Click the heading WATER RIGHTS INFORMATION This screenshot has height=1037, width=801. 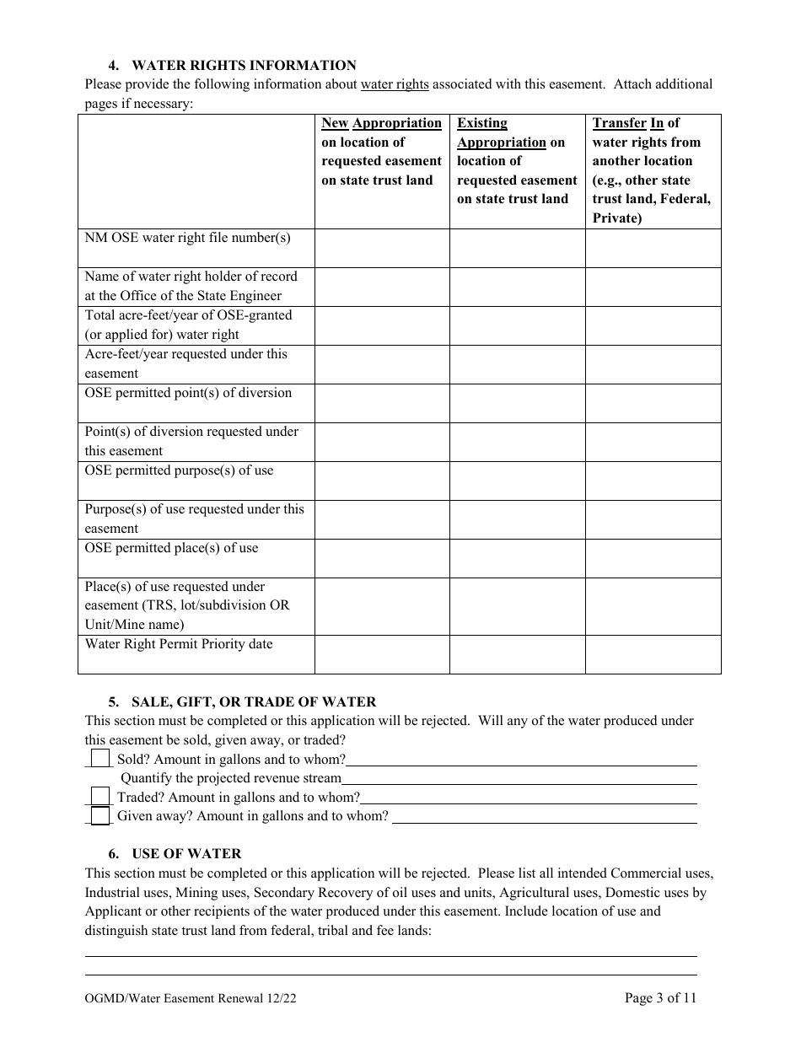pyautogui.click(x=245, y=65)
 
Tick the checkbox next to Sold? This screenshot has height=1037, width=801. pyautogui.click(x=100, y=759)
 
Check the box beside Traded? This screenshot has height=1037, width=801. pyautogui.click(x=100, y=797)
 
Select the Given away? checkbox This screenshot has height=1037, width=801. pyautogui.click(x=100, y=815)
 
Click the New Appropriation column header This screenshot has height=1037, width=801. pyautogui.click(x=381, y=152)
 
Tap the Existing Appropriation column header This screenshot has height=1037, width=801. pyautogui.click(x=517, y=161)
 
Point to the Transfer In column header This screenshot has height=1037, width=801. pyautogui.click(x=653, y=170)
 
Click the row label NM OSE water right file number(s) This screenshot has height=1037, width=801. pyautogui.click(x=187, y=238)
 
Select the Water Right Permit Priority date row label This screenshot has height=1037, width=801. pyautogui.click(x=179, y=644)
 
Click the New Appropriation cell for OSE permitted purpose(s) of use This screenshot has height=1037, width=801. pyautogui.click(x=382, y=481)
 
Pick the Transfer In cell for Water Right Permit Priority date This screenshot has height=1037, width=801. pyautogui.click(x=653, y=654)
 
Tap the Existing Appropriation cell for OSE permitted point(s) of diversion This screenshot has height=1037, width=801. pyautogui.click(x=517, y=403)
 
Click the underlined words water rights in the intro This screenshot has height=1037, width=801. pyautogui.click(x=395, y=84)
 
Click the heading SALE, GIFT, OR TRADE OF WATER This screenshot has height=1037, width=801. pyautogui.click(x=254, y=701)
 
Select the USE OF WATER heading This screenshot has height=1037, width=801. pyautogui.click(x=186, y=853)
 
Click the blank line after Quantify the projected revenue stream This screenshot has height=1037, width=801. pyautogui.click(x=519, y=778)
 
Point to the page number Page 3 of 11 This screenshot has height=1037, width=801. pyautogui.click(x=660, y=998)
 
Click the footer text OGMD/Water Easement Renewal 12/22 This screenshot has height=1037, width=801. pyautogui.click(x=191, y=999)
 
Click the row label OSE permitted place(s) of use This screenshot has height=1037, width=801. pyautogui.click(x=171, y=548)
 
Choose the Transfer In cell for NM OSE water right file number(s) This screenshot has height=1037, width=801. pyautogui.click(x=653, y=248)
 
